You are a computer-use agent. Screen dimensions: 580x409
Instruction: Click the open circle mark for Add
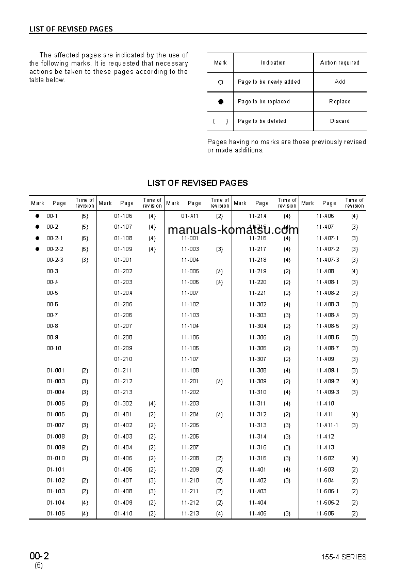(221, 82)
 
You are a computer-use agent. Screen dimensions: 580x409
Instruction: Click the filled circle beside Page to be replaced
(221, 102)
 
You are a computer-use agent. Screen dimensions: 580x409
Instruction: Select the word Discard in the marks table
(340, 121)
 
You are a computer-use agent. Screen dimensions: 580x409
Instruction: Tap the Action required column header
(340, 62)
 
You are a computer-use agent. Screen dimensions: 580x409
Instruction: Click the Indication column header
(273, 62)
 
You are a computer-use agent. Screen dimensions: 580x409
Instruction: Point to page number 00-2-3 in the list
(55, 260)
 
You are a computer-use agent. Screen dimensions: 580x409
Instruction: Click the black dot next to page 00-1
(37, 216)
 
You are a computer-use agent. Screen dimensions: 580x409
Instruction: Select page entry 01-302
(123, 403)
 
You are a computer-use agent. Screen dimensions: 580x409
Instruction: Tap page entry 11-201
(190, 381)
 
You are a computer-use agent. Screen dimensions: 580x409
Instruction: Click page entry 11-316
(258, 458)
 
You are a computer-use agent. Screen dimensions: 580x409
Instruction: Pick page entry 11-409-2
(328, 381)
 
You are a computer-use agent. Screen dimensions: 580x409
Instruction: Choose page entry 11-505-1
(328, 491)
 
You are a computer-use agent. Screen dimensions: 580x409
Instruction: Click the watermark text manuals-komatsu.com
(233, 230)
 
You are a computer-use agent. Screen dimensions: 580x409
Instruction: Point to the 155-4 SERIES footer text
(343, 557)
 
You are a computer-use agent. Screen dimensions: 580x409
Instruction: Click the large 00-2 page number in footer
(39, 556)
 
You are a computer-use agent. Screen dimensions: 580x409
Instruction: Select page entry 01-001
(56, 370)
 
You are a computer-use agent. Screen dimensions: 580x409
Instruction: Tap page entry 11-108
(190, 370)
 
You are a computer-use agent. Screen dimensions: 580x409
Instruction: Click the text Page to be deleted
(262, 121)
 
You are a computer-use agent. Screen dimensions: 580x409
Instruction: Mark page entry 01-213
(123, 392)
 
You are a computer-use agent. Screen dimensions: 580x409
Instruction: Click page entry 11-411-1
(328, 425)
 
